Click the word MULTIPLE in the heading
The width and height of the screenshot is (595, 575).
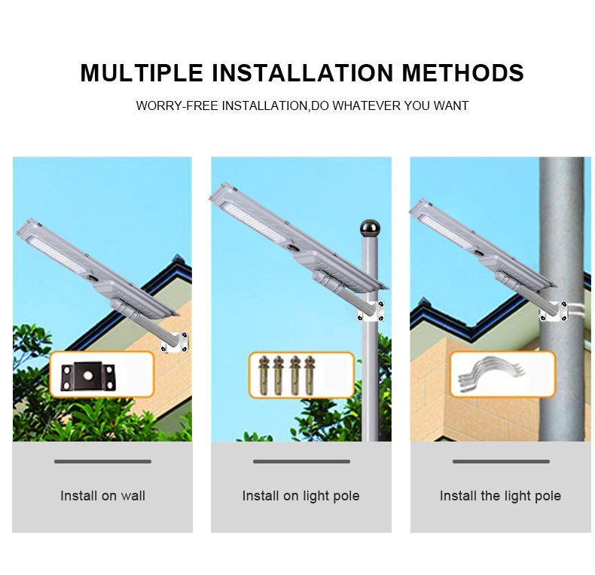point(142,72)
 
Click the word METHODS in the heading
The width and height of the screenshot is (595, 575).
point(463,72)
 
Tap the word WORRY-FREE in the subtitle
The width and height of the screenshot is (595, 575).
point(178,106)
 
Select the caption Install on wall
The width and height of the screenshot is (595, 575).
point(102,496)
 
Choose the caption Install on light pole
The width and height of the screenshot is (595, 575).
point(301,496)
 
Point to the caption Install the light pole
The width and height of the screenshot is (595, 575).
point(500,496)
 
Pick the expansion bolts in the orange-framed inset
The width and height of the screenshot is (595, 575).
point(286,375)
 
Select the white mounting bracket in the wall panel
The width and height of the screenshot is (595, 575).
point(175,343)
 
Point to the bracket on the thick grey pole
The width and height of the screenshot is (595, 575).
point(554,311)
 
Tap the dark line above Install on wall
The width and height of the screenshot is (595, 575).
point(102,461)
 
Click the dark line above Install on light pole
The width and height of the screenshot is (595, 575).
point(301,461)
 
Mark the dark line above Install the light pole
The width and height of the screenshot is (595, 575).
point(501,461)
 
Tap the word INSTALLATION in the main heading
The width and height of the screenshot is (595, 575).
point(303,72)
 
